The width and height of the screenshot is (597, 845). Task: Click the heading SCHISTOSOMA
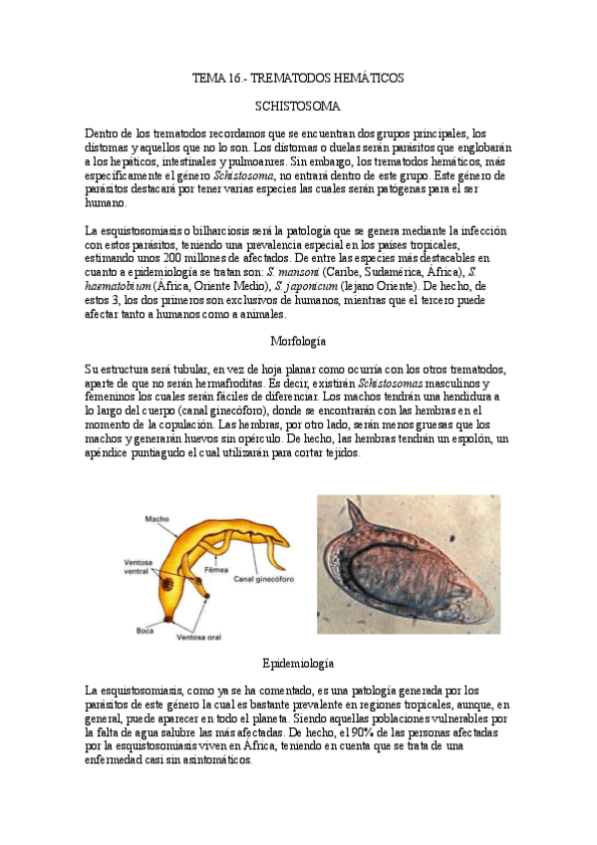pyautogui.click(x=298, y=105)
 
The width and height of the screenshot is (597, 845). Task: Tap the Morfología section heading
pyautogui.click(x=298, y=341)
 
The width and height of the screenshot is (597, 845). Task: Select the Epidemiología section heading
pyautogui.click(x=298, y=663)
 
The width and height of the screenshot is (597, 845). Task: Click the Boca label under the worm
pyautogui.click(x=144, y=631)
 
